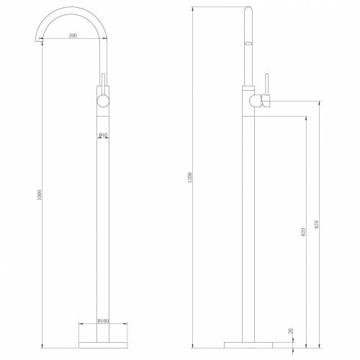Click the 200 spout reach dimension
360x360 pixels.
(x=73, y=35)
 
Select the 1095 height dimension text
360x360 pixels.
(x=40, y=195)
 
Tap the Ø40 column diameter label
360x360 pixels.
(x=103, y=135)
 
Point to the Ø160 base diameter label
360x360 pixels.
(x=104, y=153)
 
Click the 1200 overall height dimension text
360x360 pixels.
(x=190, y=177)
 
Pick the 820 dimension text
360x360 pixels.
(x=303, y=232)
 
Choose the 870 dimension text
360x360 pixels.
(x=316, y=224)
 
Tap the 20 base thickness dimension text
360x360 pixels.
(x=292, y=330)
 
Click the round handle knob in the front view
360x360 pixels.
(x=103, y=100)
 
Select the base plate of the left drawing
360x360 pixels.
(x=103, y=345)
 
